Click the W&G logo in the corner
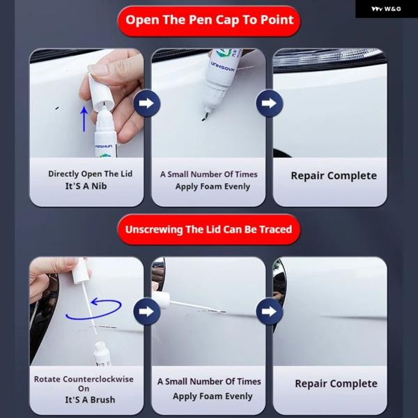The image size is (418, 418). [386, 9]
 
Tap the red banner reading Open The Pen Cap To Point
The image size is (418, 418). [209, 21]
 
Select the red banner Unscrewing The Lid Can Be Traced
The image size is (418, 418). [209, 229]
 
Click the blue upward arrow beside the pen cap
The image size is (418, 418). [84, 119]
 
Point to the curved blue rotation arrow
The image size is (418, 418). [93, 309]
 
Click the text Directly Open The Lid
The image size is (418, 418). [90, 173]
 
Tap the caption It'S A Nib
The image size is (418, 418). [86, 186]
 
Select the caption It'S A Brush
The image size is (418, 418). [90, 400]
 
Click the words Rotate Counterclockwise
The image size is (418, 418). [84, 379]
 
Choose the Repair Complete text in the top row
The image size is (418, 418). [334, 176]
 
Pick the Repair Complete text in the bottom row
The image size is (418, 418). [336, 384]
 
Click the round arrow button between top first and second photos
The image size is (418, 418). [147, 103]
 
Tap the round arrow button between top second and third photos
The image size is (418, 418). [270, 103]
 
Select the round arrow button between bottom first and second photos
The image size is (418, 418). [147, 311]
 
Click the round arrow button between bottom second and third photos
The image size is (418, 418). [270, 311]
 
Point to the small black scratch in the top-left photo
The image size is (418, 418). [57, 108]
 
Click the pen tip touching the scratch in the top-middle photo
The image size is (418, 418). [205, 116]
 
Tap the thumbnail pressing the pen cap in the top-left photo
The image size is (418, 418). [98, 70]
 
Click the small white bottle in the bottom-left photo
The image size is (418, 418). [102, 354]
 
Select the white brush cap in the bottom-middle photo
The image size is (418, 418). [161, 300]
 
